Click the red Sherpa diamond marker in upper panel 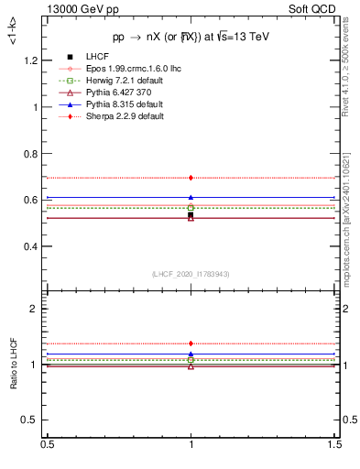point(191,178)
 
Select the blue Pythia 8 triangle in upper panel point(191,197)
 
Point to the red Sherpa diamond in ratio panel point(191,344)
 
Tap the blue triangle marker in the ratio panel point(191,354)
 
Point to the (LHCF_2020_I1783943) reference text point(190,275)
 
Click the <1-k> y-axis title point(13,33)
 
